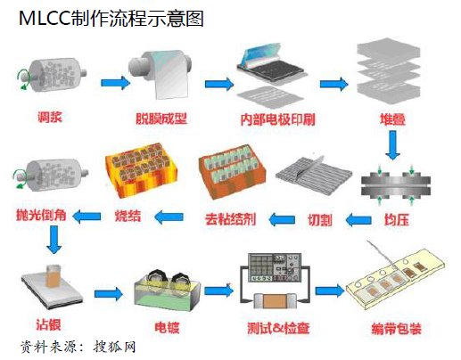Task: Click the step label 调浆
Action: pyautogui.click(x=50, y=117)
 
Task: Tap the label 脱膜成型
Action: pyautogui.click(x=161, y=119)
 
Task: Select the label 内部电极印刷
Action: pyautogui.click(x=277, y=119)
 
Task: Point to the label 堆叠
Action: pyautogui.click(x=393, y=119)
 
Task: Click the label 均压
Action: pyautogui.click(x=397, y=220)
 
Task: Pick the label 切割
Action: pyautogui.click(x=320, y=220)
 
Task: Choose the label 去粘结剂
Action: pyautogui.click(x=231, y=219)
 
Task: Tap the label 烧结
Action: pyautogui.click(x=128, y=216)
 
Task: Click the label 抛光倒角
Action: pyautogui.click(x=41, y=215)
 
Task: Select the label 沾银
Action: pyautogui.click(x=48, y=324)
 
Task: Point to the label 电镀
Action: pyautogui.click(x=167, y=327)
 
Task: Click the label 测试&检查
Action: pyautogui.click(x=278, y=328)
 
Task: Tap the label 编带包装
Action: pyautogui.click(x=397, y=329)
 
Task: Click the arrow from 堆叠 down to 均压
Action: pyautogui.click(x=393, y=145)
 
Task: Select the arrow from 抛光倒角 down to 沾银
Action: pyautogui.click(x=54, y=240)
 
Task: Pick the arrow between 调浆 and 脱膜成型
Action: pyautogui.click(x=115, y=83)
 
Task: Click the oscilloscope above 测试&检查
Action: pyautogui.click(x=275, y=267)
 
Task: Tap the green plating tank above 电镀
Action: pyautogui.click(x=168, y=291)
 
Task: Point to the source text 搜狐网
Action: pyautogui.click(x=115, y=347)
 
